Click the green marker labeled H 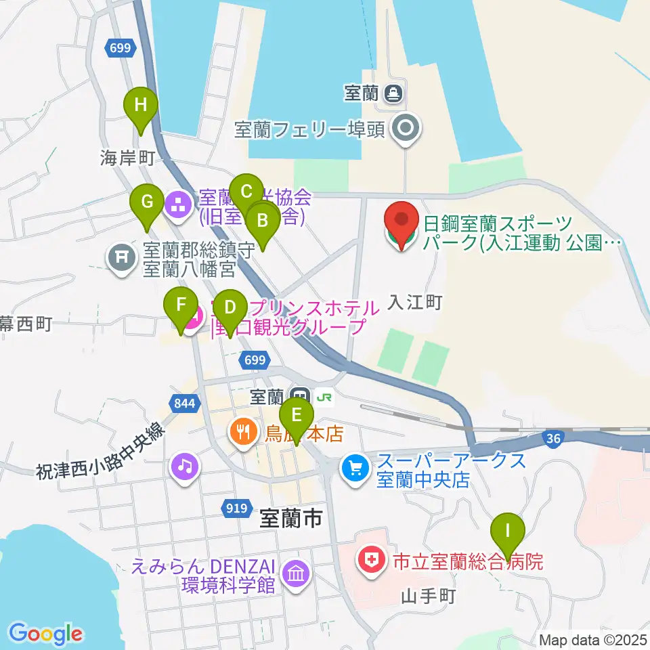click(x=140, y=107)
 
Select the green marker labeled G click(x=147, y=202)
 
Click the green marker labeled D click(x=230, y=309)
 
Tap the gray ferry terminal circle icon click(x=407, y=127)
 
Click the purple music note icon click(x=185, y=466)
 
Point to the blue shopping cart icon click(x=355, y=467)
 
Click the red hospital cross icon click(x=370, y=560)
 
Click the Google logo click(x=45, y=634)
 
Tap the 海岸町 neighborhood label click(x=128, y=158)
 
